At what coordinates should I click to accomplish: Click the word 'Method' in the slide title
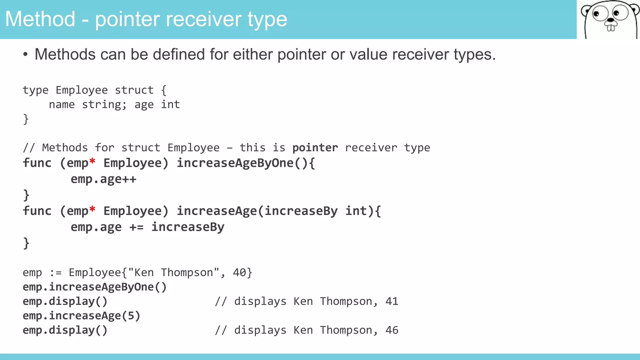click(x=40, y=19)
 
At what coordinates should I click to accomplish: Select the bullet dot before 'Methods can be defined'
click(x=25, y=55)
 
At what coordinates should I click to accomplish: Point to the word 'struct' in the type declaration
click(x=134, y=90)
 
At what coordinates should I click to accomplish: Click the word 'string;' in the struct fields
click(x=104, y=105)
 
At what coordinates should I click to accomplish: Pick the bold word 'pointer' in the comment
click(x=315, y=147)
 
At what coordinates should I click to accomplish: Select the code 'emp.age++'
click(x=103, y=179)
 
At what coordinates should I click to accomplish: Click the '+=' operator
click(x=137, y=227)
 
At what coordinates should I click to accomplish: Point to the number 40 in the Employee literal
click(x=239, y=272)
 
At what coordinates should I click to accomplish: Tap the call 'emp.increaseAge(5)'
click(x=82, y=316)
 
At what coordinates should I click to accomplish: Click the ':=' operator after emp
click(x=56, y=273)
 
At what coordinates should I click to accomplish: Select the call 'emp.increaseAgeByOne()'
click(x=95, y=287)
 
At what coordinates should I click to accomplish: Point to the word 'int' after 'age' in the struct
click(x=170, y=105)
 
